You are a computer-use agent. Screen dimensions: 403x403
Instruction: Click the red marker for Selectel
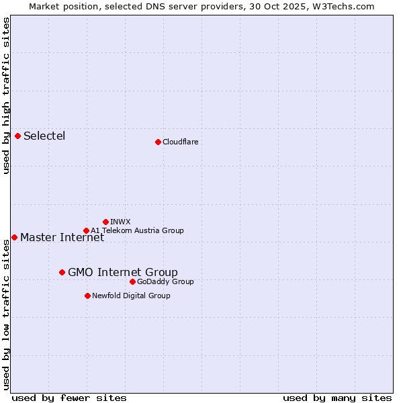point(18,136)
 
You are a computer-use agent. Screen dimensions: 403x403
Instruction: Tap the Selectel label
point(44,136)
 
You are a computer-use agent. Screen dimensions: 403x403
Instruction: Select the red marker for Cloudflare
point(158,142)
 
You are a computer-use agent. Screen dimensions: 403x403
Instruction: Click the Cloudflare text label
point(180,142)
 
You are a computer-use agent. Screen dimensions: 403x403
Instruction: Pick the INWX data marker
point(105,222)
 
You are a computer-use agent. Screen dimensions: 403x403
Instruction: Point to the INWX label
point(120,222)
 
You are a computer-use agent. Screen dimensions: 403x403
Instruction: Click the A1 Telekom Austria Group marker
point(86,230)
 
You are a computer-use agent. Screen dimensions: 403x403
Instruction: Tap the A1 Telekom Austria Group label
point(137,230)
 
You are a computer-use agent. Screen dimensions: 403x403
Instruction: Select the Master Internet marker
point(14,237)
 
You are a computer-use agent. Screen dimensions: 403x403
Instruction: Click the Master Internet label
point(62,238)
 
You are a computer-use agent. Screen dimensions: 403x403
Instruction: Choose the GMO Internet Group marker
point(62,272)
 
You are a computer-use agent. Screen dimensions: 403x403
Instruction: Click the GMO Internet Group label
point(123,272)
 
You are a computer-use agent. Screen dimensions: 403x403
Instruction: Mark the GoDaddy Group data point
point(132,281)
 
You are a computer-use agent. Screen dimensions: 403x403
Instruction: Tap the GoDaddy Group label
point(165,281)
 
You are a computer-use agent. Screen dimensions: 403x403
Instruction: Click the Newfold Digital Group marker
point(87,296)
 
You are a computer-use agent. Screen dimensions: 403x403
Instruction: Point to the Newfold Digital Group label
point(131,296)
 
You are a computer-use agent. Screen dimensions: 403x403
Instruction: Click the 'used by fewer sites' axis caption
point(69,398)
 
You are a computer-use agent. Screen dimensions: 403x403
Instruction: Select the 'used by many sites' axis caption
point(337,398)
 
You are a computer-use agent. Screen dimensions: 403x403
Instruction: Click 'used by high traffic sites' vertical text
point(6,95)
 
